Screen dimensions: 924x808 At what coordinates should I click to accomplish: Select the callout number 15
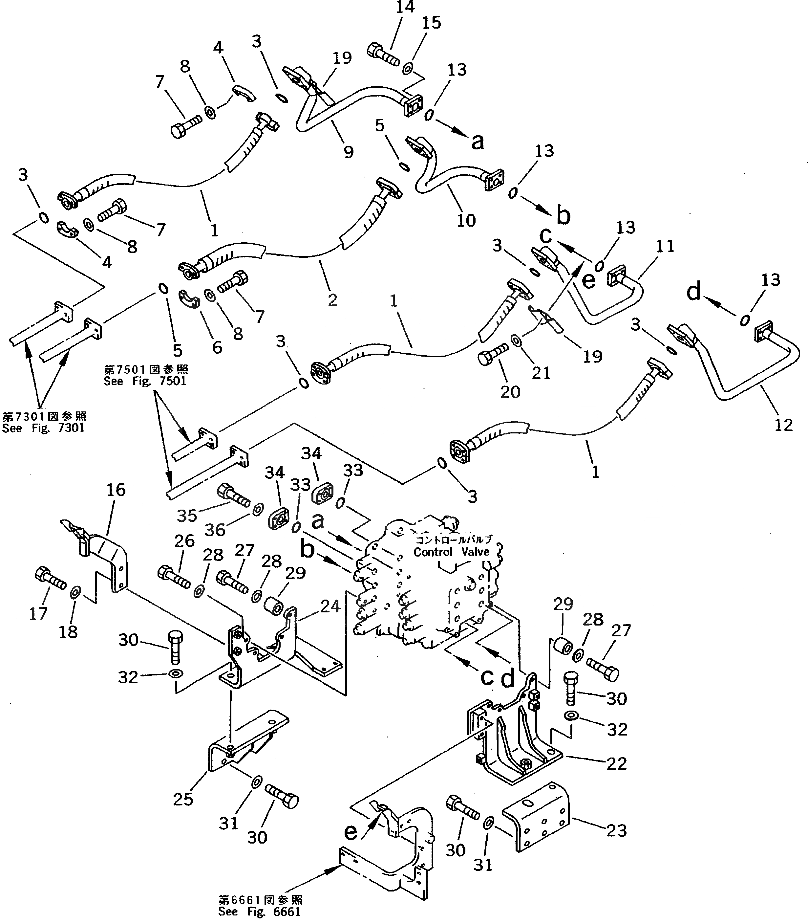431,23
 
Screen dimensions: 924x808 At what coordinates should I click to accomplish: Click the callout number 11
665,246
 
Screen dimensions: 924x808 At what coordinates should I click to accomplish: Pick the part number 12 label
783,425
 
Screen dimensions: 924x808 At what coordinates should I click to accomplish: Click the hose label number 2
332,299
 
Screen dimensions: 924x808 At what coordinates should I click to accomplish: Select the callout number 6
217,347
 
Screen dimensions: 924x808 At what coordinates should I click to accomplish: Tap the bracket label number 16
116,490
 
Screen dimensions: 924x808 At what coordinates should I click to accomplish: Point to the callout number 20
510,392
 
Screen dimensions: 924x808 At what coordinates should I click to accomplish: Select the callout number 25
183,799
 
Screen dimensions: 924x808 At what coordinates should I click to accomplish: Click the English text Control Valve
451,552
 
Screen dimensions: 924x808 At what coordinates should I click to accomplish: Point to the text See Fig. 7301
43,428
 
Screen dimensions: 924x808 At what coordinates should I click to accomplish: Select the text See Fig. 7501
145,381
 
